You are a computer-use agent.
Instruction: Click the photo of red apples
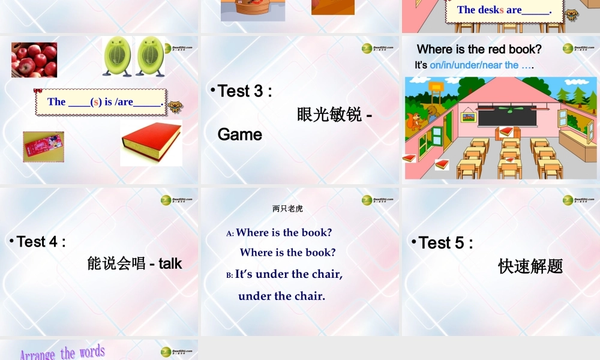click(34, 60)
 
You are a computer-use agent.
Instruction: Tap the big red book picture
click(151, 143)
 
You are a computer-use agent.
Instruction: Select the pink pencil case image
click(43, 147)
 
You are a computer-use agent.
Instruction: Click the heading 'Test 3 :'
click(245, 91)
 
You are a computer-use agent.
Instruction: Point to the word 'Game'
click(240, 134)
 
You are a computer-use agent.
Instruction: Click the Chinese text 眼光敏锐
click(329, 114)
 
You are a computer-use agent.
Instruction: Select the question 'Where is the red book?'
click(479, 49)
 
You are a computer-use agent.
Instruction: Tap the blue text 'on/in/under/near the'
click(474, 65)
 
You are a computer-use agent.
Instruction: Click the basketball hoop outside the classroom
click(436, 88)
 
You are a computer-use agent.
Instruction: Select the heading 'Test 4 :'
click(41, 241)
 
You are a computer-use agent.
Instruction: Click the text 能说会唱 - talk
click(134, 263)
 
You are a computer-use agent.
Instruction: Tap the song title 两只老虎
click(287, 209)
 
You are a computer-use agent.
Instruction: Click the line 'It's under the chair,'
click(289, 274)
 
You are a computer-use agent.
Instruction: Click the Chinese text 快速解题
click(530, 266)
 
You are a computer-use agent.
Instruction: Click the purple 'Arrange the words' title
click(62, 353)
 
